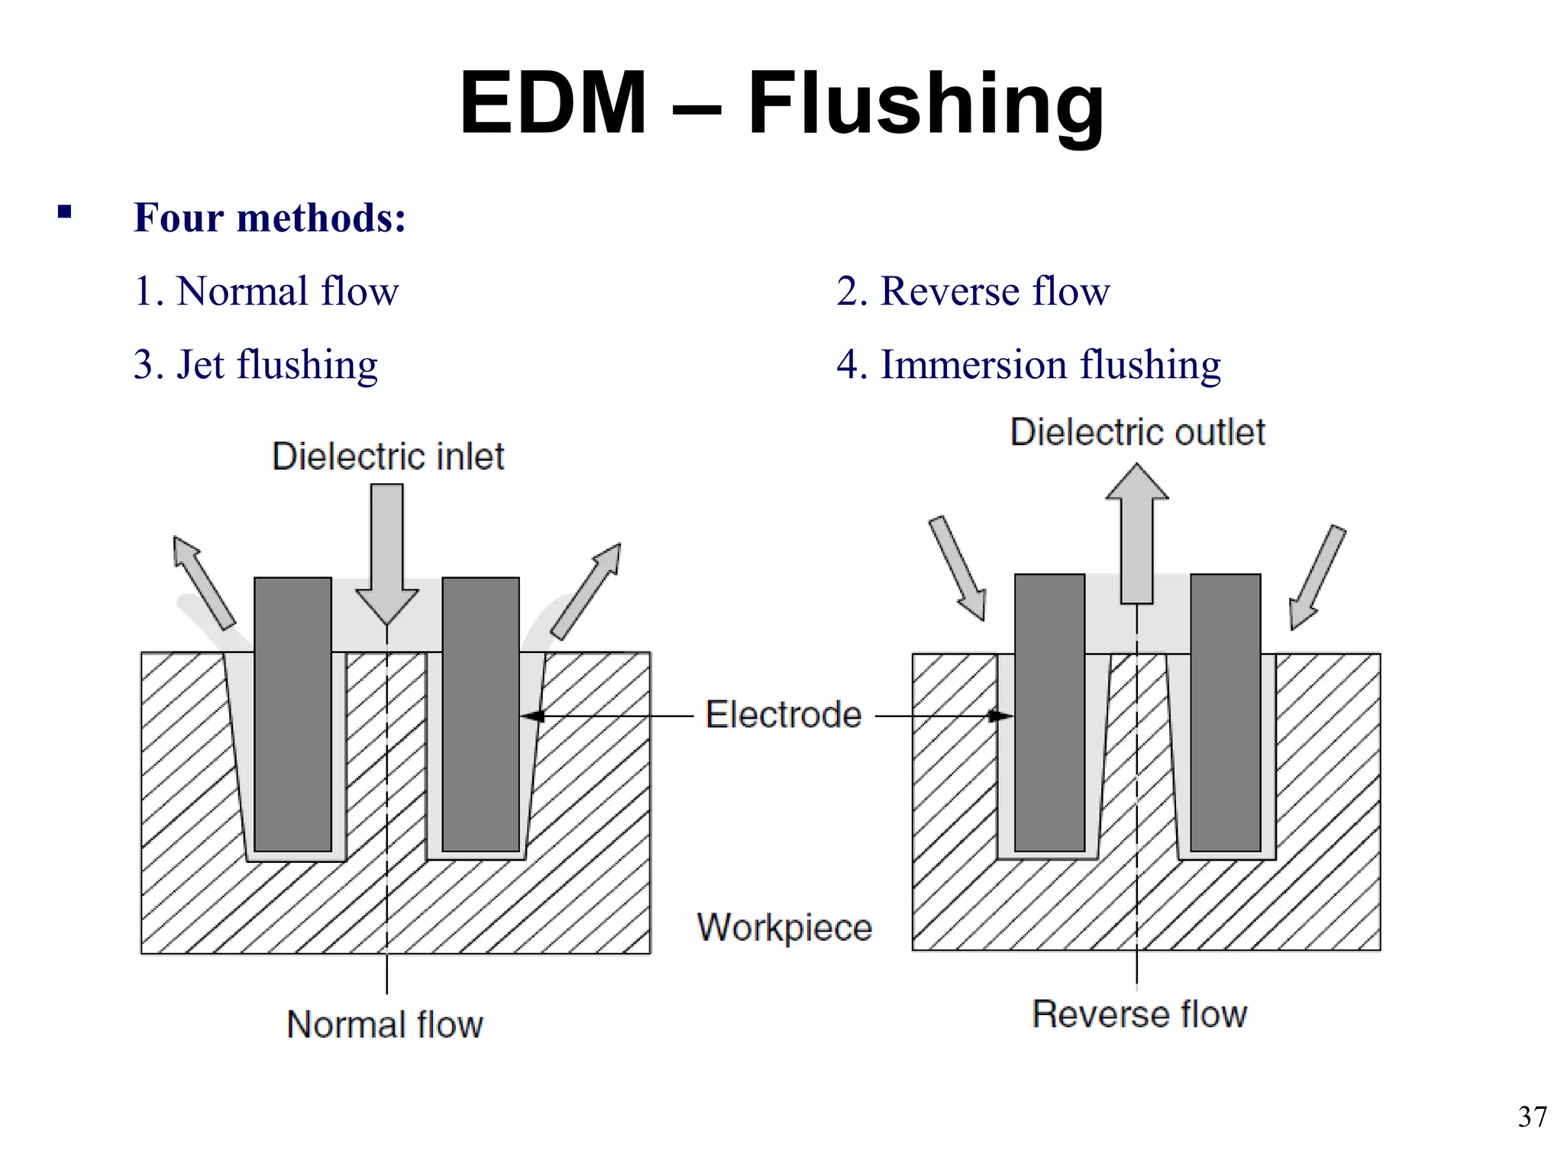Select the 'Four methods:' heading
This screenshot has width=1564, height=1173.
tap(270, 218)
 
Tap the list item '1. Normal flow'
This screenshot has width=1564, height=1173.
tap(266, 291)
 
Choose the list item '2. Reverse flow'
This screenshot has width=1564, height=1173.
tap(972, 291)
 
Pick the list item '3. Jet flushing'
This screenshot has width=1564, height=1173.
tap(255, 364)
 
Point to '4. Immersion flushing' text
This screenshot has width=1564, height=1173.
tap(1028, 364)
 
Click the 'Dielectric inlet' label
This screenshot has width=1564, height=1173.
tap(388, 457)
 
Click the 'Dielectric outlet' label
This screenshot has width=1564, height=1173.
tap(1137, 432)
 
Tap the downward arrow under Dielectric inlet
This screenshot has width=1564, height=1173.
tap(387, 550)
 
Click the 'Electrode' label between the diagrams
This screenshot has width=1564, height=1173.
tap(783, 715)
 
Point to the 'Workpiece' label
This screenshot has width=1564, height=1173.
tap(784, 928)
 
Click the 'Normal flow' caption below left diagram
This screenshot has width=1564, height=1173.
tap(385, 1025)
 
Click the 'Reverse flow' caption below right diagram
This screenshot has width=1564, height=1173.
tap(1139, 1014)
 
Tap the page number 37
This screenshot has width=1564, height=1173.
tap(1532, 1117)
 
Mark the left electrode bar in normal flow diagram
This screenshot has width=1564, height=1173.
tap(292, 714)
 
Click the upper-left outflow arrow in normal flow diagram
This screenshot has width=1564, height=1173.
tap(202, 582)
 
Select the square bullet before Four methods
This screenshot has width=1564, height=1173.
tap(64, 212)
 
